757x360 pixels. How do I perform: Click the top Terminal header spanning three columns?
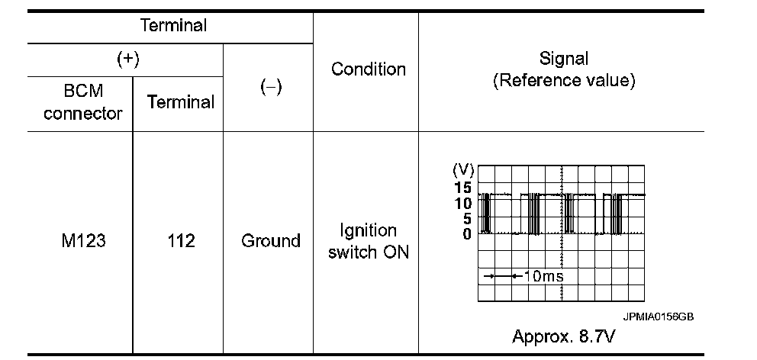click(173, 25)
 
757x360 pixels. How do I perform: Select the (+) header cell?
click(126, 59)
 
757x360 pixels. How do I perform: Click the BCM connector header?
click(82, 102)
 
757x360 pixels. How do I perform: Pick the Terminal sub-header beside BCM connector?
click(180, 102)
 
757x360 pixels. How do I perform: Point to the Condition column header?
click(368, 69)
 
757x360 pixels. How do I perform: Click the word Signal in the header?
click(564, 58)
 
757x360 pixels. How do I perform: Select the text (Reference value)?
click(564, 81)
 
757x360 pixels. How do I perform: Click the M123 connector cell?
click(82, 241)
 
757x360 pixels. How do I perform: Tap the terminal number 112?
click(180, 241)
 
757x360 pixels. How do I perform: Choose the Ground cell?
click(270, 241)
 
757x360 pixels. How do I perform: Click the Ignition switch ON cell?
click(368, 241)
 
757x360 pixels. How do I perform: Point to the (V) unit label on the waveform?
click(463, 169)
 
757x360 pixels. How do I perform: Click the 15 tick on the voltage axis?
click(463, 187)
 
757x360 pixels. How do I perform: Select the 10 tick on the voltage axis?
click(463, 203)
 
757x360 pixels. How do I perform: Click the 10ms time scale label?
click(544, 276)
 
